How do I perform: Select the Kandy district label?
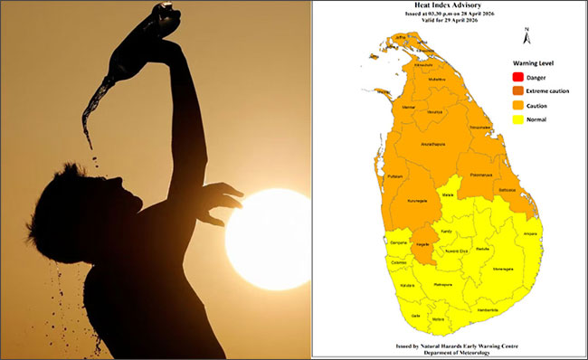click(446, 232)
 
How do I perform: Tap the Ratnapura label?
click(441, 283)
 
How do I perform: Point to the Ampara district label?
click(530, 233)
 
